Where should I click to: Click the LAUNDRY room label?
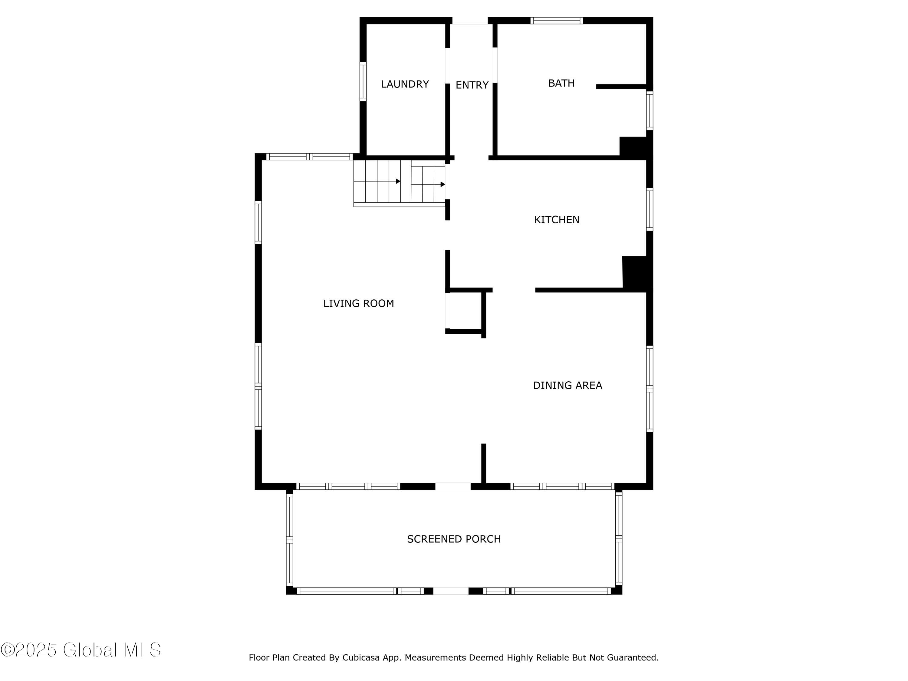(405, 84)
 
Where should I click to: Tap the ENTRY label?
(472, 85)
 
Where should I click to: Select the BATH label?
(561, 83)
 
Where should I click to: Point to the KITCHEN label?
(557, 220)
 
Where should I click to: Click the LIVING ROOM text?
(358, 303)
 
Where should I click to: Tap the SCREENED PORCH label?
(454, 539)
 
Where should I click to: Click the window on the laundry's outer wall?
(363, 81)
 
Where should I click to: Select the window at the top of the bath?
(557, 21)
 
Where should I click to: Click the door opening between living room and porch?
(453, 486)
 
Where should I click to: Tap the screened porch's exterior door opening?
(451, 591)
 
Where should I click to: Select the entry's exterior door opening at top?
(470, 21)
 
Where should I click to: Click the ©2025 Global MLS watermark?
(81, 650)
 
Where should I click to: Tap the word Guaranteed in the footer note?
(633, 658)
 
